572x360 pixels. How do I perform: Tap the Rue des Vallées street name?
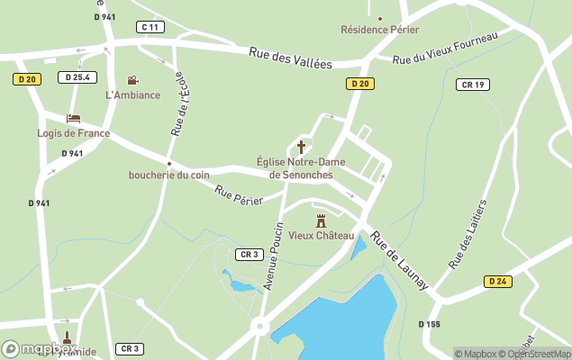[290, 58]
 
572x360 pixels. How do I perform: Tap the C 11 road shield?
[150, 27]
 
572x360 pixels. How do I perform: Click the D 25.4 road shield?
[77, 77]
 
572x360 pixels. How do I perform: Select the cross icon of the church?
[301, 146]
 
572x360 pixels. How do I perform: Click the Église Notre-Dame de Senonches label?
[301, 167]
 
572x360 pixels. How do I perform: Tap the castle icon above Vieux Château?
[322, 220]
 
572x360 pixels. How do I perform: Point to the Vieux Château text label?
[322, 236]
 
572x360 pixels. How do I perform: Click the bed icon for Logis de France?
[74, 118]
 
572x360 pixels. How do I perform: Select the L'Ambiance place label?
[132, 95]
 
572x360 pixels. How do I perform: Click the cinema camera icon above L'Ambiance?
[133, 81]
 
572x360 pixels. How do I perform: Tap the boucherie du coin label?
[168, 175]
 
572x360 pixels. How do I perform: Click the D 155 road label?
[429, 324]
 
